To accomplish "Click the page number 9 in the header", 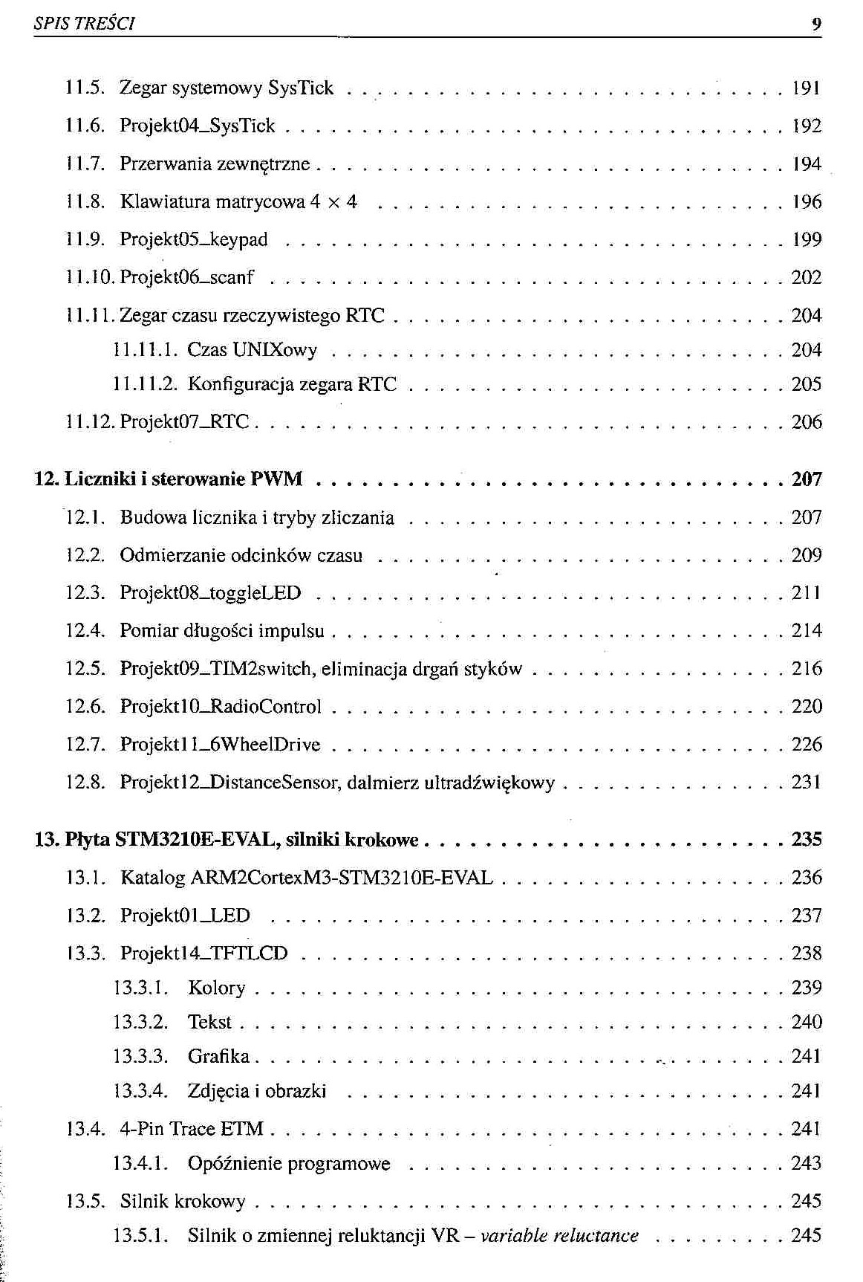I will point(816,24).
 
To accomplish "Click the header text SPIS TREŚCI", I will point(83,24).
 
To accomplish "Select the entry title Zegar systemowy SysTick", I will point(227,88).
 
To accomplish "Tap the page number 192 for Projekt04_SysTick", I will point(807,126).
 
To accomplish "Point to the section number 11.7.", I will point(82,164).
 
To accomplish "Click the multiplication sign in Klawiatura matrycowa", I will point(329,203).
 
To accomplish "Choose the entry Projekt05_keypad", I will point(193,240).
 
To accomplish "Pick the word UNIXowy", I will point(275,350).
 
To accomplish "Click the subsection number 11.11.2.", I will point(141,384).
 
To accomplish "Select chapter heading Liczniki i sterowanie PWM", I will point(183,479).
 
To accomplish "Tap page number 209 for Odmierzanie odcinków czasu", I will point(807,556).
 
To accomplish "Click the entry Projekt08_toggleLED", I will point(210,594).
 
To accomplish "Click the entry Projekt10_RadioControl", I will point(221,707).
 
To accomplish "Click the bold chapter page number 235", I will point(807,840).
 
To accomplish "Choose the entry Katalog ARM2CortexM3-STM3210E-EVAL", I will point(306,878).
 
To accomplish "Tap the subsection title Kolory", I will point(216,988).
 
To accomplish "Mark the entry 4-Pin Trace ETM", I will point(192,1130).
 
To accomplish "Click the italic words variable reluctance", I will point(560,1236).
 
